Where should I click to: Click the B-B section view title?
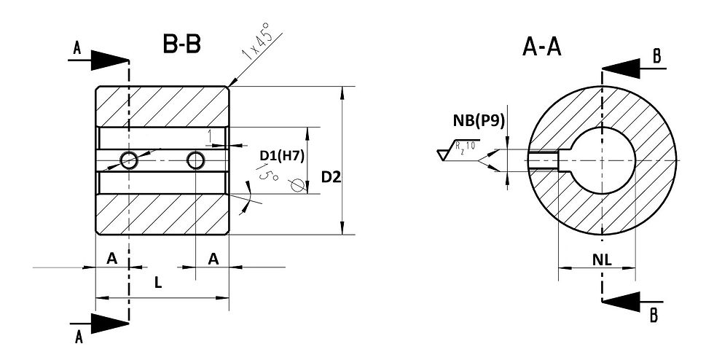tap(181, 44)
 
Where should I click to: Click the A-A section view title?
tap(542, 47)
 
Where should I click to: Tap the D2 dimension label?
tap(331, 177)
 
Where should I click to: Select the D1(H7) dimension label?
tap(282, 155)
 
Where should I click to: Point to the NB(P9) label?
tap(479, 120)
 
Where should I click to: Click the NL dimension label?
tap(602, 259)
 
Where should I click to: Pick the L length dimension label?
tap(157, 283)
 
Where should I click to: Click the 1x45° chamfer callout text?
tap(258, 45)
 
